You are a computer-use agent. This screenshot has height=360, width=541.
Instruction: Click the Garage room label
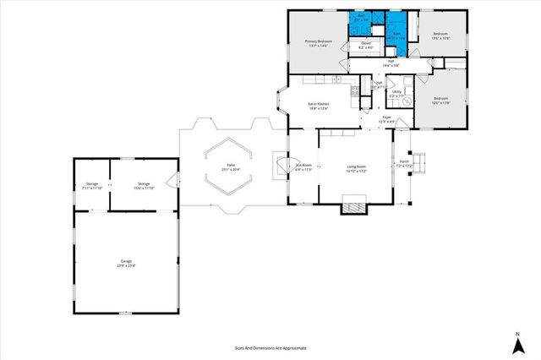coord(127,264)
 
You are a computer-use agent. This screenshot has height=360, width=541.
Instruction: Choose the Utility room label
coord(396,92)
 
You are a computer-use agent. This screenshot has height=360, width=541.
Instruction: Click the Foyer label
coord(386,120)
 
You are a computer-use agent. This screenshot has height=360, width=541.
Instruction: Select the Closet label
coord(366,45)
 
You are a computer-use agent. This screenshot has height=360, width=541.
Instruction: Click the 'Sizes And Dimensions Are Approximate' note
coord(270,347)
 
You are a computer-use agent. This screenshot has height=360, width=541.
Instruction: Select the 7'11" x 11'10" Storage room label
coord(93,186)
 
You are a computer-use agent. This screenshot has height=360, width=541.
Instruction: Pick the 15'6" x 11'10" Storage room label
coord(145,186)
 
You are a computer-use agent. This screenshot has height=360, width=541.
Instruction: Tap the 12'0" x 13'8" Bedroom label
coord(440,101)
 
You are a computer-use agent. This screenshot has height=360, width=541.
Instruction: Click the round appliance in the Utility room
coord(406,102)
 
